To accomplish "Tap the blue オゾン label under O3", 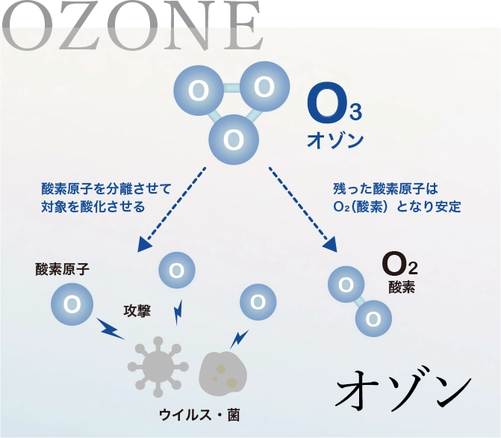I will click(335, 140).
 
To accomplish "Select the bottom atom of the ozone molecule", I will click(234, 140).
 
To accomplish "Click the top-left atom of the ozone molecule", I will click(199, 90).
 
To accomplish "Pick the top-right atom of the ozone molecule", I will click(263, 87).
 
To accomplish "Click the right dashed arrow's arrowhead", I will click(329, 245).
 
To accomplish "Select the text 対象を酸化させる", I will click(93, 206).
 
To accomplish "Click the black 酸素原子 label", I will click(62, 269).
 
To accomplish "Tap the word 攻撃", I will click(137, 310).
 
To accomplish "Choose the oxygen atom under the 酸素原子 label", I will click(72, 304).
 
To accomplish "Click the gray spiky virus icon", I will click(157, 365).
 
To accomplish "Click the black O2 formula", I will click(399, 264).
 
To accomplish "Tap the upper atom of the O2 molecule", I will click(346, 285).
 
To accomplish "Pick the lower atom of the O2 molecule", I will click(373, 319).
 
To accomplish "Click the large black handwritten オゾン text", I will click(403, 389).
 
